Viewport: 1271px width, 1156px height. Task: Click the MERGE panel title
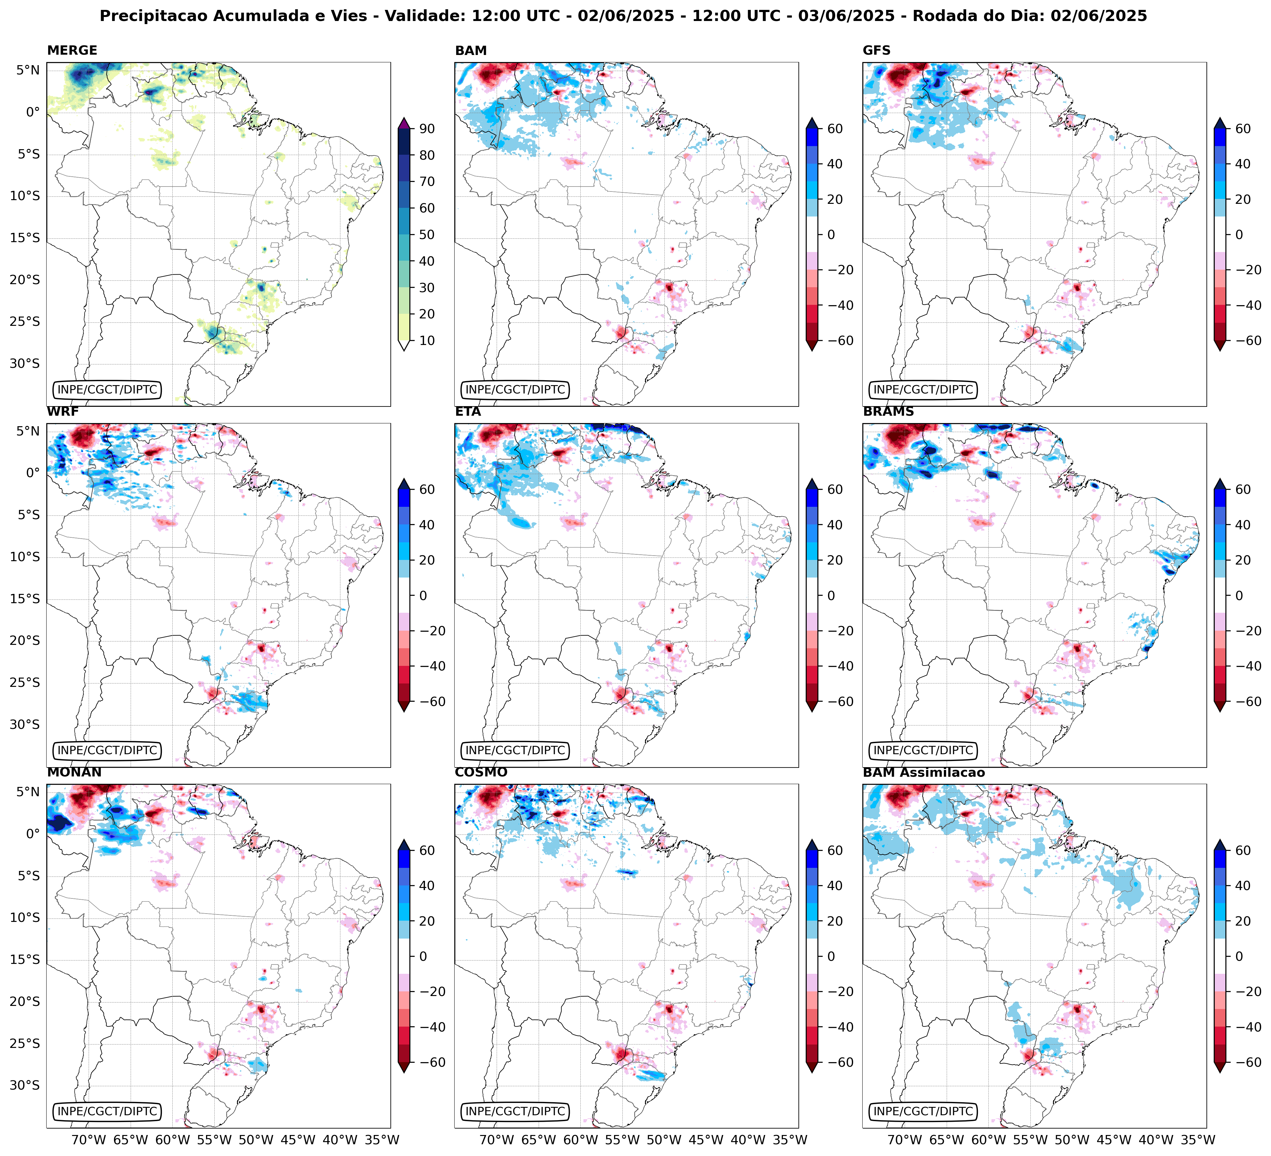[72, 50]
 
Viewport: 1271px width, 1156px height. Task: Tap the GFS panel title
[876, 50]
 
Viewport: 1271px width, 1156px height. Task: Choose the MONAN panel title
[74, 772]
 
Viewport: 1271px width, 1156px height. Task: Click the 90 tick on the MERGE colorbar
[427, 128]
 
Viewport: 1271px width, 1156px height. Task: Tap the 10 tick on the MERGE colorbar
[427, 340]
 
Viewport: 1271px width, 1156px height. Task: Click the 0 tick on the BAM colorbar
[831, 234]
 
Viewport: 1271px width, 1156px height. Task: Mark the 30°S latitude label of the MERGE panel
[24, 364]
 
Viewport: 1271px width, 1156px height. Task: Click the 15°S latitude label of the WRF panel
[24, 599]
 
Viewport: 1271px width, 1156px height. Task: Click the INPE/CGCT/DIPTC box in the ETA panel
[515, 751]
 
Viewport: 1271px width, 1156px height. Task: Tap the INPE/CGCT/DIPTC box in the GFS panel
[923, 389]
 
